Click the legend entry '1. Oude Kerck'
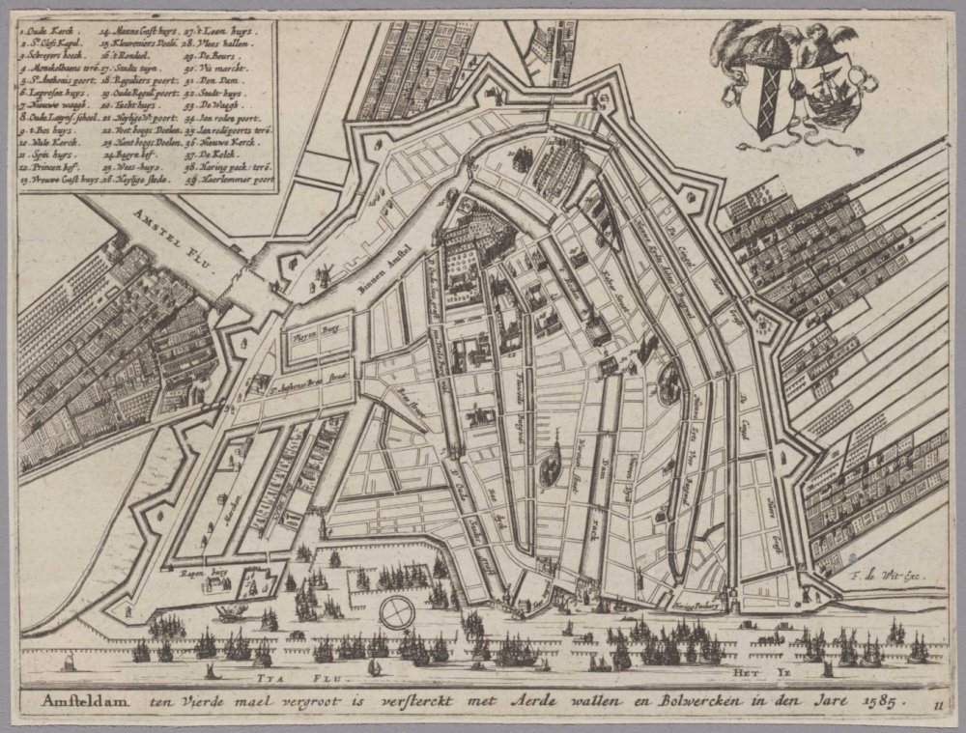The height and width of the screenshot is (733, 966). (44, 30)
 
